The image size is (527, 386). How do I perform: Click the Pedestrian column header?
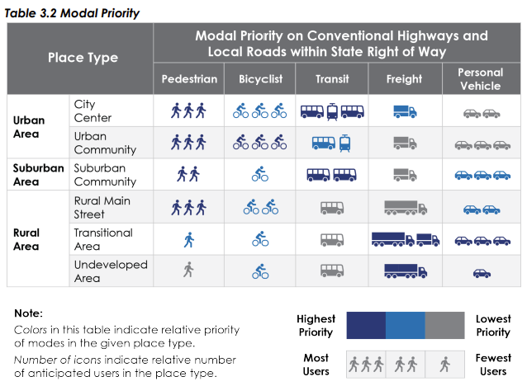point(189,79)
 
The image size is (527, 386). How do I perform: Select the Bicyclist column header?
point(260,79)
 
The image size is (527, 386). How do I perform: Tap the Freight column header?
point(404,79)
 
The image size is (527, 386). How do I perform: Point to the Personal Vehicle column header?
point(481,79)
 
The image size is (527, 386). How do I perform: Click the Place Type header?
point(83,58)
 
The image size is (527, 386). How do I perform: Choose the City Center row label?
point(93,111)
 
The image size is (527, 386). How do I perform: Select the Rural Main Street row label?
point(102,207)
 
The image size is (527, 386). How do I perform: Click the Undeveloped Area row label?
point(111,271)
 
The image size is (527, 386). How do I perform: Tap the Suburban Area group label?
point(38,175)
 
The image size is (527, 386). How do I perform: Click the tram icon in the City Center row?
point(332,111)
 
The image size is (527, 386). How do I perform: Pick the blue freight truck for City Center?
point(405,111)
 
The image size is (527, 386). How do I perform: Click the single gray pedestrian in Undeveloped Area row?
point(188,270)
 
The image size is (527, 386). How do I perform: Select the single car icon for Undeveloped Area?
point(482,273)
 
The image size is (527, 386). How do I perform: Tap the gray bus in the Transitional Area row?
point(332,240)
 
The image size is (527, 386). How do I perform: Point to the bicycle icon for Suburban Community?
point(260,174)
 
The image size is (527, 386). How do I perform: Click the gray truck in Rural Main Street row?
point(406,208)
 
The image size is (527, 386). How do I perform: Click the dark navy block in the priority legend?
point(366,325)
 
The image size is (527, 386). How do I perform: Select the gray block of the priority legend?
point(445,325)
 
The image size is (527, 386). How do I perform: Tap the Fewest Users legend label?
point(493,365)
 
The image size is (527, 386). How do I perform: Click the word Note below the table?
point(29,313)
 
